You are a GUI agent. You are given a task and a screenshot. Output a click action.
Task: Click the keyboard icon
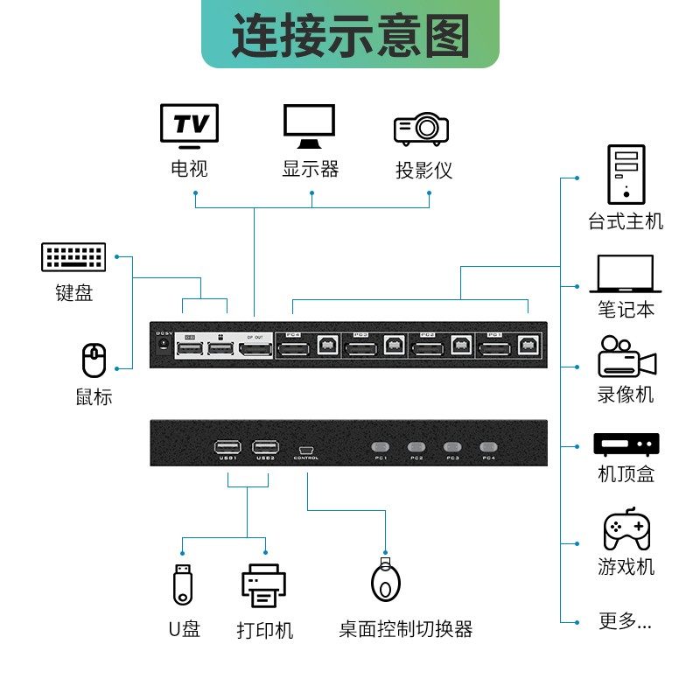click(73, 257)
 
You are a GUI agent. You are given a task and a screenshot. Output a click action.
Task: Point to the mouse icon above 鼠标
click(94, 360)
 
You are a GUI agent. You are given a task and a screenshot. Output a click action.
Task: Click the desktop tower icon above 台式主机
click(626, 174)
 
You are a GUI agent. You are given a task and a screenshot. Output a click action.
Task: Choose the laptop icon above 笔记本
click(626, 274)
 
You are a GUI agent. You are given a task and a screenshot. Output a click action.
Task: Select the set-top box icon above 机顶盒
click(626, 444)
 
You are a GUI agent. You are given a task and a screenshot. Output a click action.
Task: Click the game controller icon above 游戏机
click(626, 528)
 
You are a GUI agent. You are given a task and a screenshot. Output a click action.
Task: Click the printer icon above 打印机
click(263, 585)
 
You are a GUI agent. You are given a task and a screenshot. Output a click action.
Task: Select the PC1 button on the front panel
click(381, 444)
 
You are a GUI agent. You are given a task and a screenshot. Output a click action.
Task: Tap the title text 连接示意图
click(350, 36)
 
